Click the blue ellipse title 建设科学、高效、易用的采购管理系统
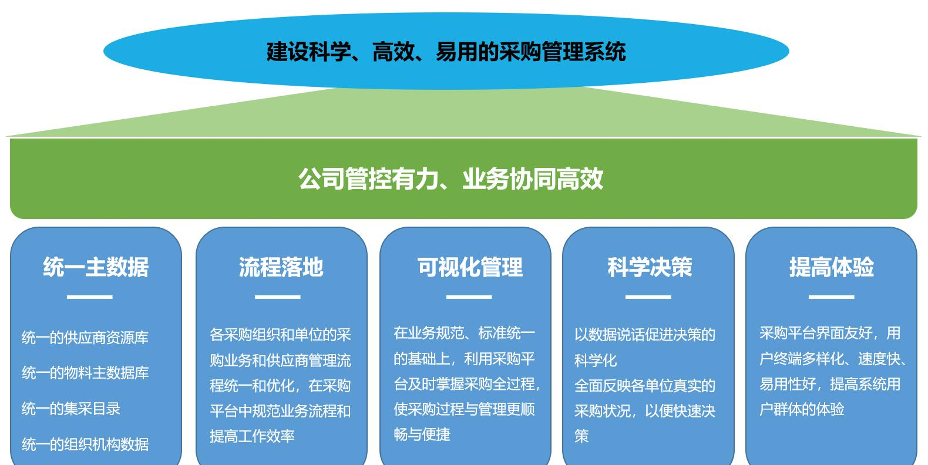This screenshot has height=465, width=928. (x=446, y=52)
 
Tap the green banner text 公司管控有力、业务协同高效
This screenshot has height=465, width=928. (x=450, y=179)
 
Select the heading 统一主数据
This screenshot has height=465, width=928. (x=96, y=267)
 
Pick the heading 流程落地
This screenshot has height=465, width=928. (x=281, y=267)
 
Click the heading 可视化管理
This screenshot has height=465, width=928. (x=470, y=267)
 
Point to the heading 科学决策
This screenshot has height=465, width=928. (x=650, y=267)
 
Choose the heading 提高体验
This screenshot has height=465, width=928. (x=832, y=267)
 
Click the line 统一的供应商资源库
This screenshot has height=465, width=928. (x=85, y=338)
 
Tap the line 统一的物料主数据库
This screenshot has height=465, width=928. (x=85, y=373)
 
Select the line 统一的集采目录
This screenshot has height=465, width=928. (x=71, y=409)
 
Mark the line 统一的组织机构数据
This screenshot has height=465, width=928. (x=85, y=444)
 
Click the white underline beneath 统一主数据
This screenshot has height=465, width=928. (x=90, y=297)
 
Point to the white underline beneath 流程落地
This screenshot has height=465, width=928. (x=278, y=297)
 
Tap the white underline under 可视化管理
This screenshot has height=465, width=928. (x=469, y=297)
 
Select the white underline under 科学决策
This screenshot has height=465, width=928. (x=648, y=297)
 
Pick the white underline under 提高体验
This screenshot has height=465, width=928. (x=832, y=297)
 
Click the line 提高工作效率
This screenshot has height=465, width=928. (x=253, y=436)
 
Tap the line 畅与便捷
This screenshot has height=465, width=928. (x=422, y=434)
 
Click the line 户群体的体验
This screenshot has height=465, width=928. (x=802, y=409)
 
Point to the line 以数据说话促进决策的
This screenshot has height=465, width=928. (x=645, y=335)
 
